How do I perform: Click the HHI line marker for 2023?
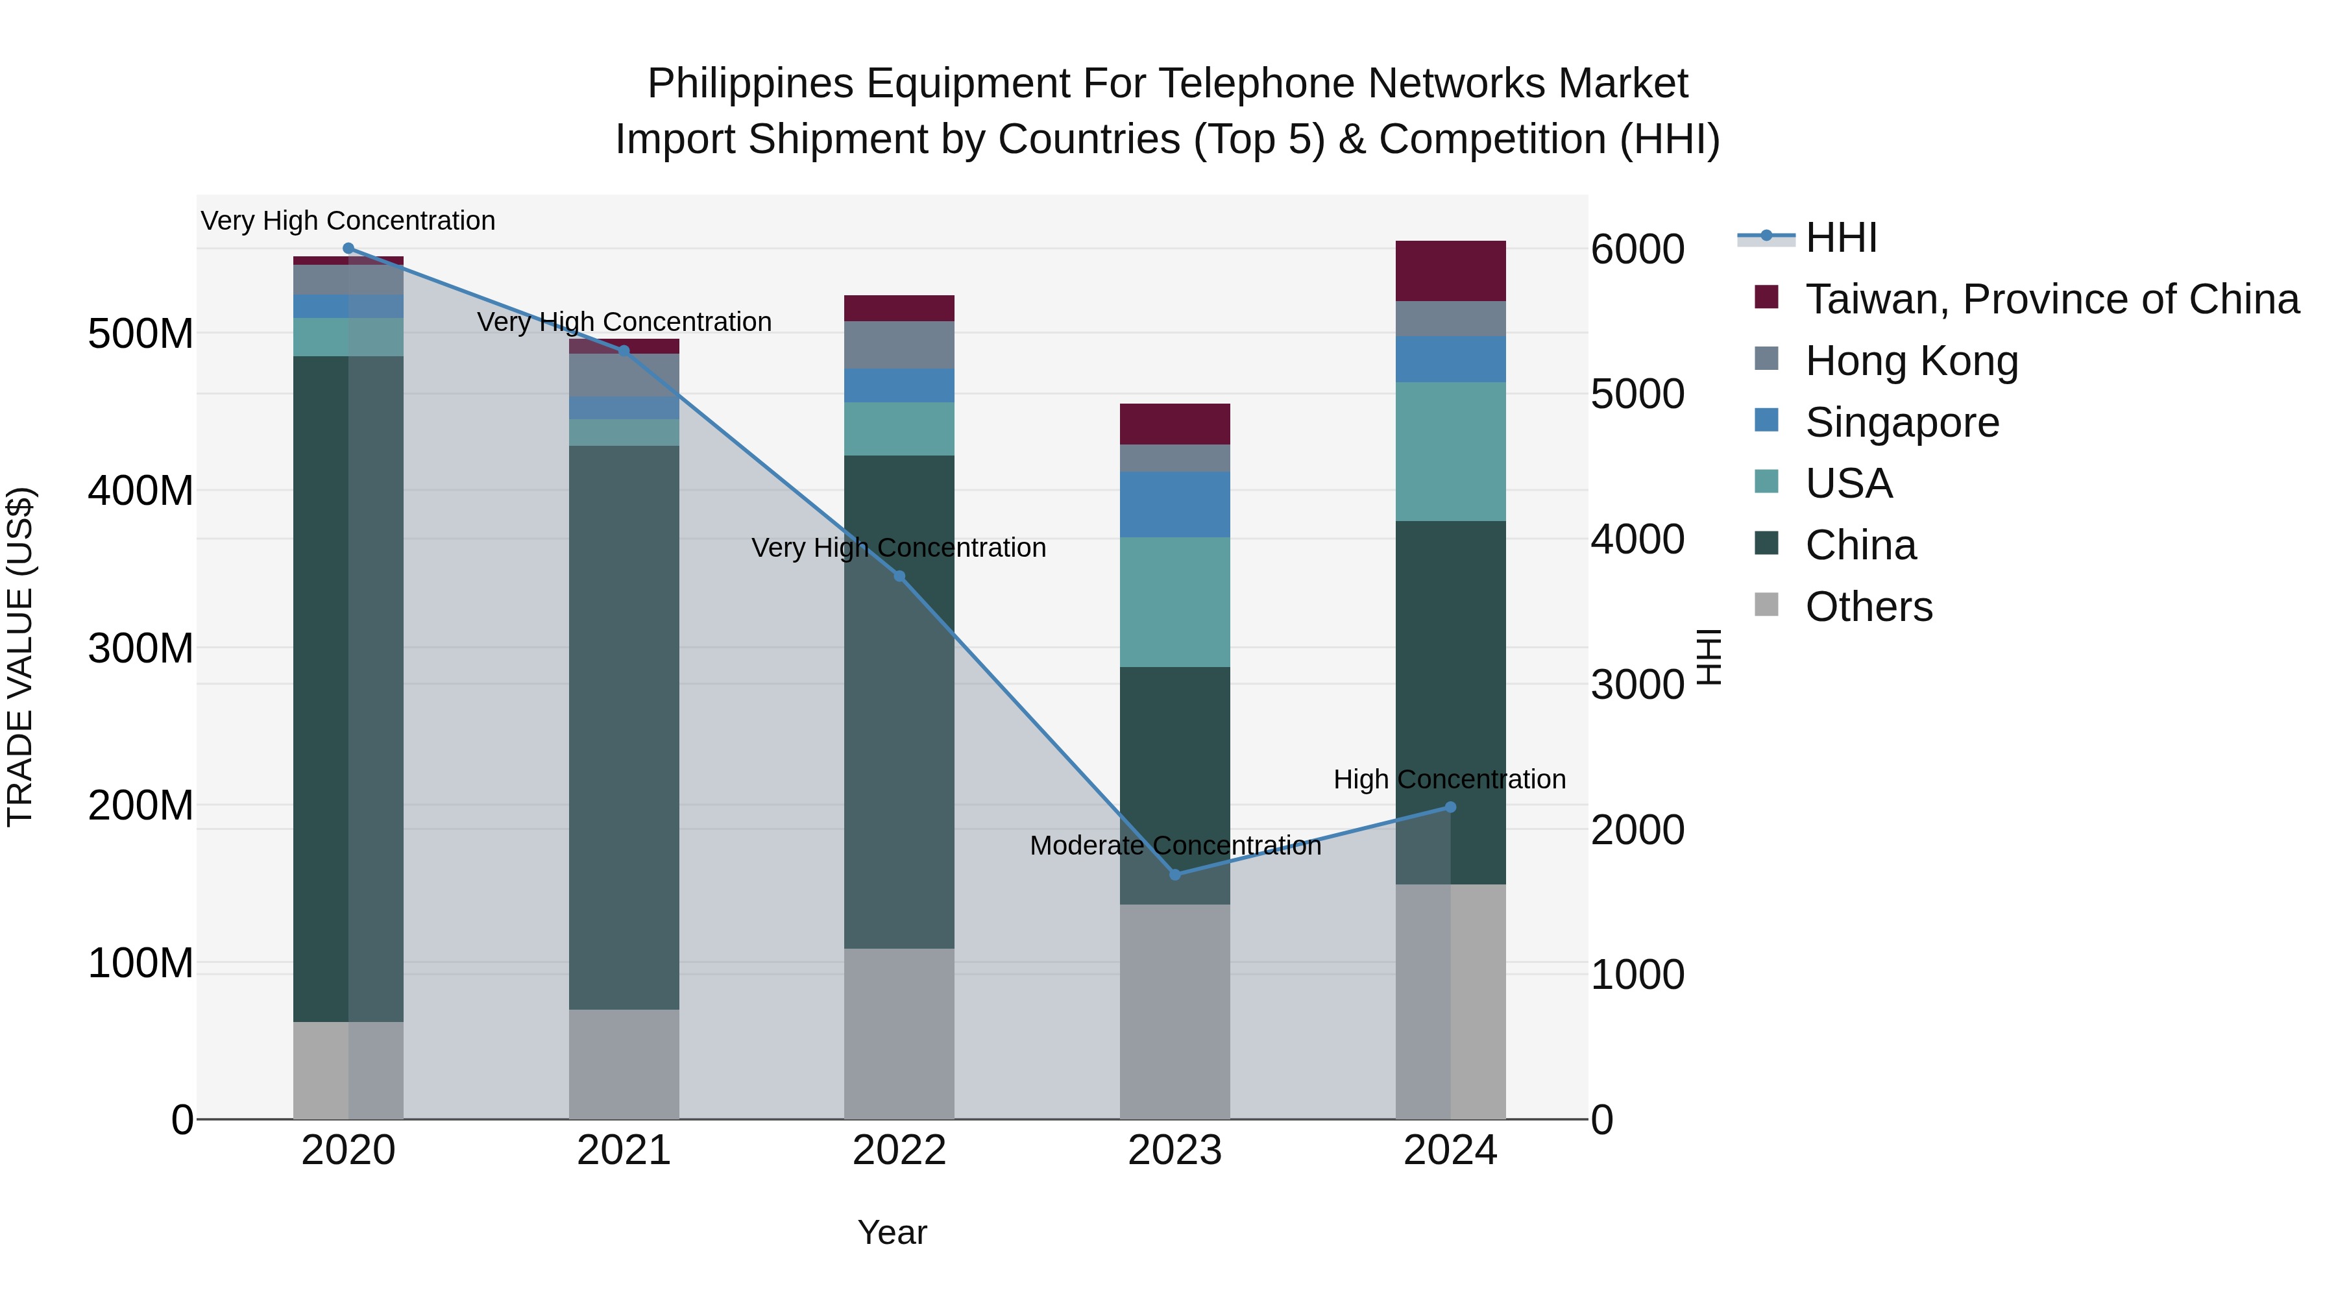(1174, 874)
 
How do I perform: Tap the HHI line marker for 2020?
(348, 248)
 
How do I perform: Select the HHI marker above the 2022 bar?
(899, 576)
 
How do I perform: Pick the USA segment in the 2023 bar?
(1174, 602)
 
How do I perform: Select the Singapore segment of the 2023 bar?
(1174, 504)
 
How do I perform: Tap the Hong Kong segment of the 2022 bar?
(899, 345)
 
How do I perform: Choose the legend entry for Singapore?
(1902, 422)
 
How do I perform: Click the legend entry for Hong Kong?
(1911, 361)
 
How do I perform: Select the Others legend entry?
(1868, 607)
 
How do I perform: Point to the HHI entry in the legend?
(1840, 237)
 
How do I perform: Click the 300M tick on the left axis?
(141, 648)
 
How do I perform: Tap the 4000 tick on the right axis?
(1637, 540)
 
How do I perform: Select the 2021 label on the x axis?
(624, 1150)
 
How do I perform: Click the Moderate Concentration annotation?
(1174, 845)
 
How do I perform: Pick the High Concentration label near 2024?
(1448, 779)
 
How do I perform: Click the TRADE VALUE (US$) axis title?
(20, 657)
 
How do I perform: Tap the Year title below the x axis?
(892, 1232)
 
